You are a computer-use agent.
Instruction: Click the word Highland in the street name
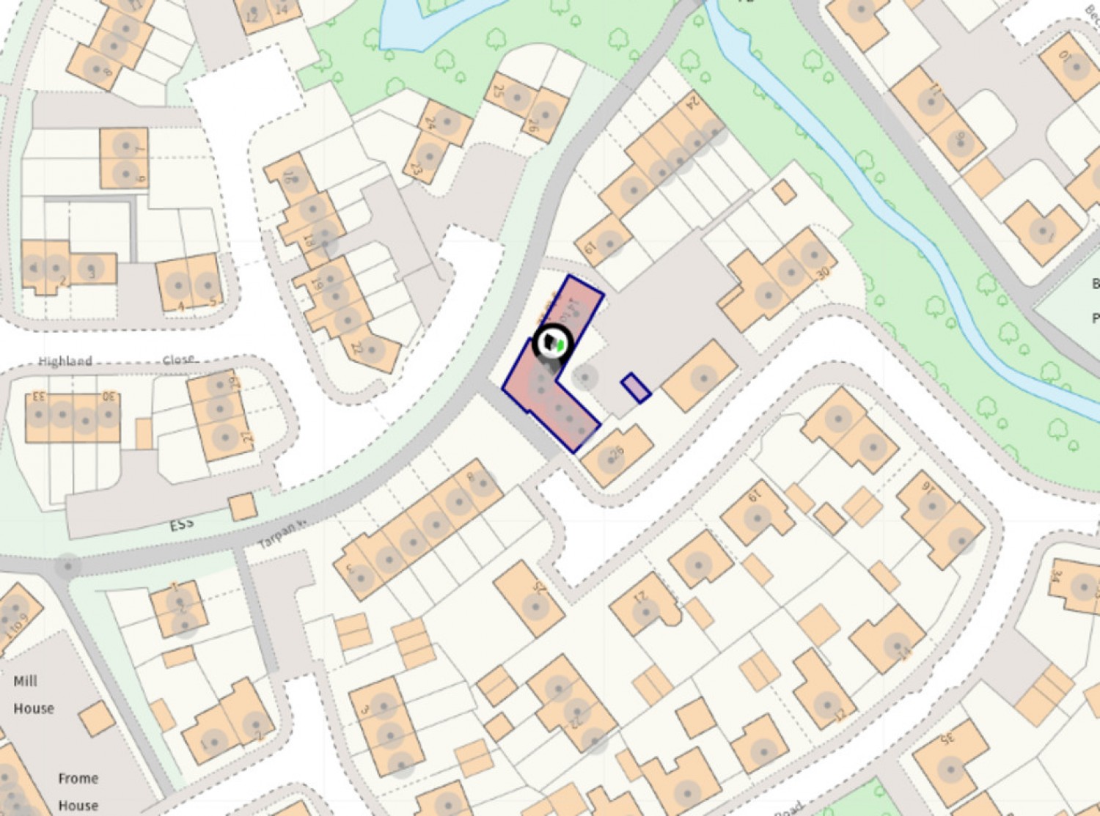coord(65,361)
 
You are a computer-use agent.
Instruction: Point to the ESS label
coord(182,524)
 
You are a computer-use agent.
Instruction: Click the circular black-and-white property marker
coord(553,342)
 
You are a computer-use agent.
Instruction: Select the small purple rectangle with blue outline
coord(636,388)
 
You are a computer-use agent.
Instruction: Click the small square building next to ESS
coord(243,507)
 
